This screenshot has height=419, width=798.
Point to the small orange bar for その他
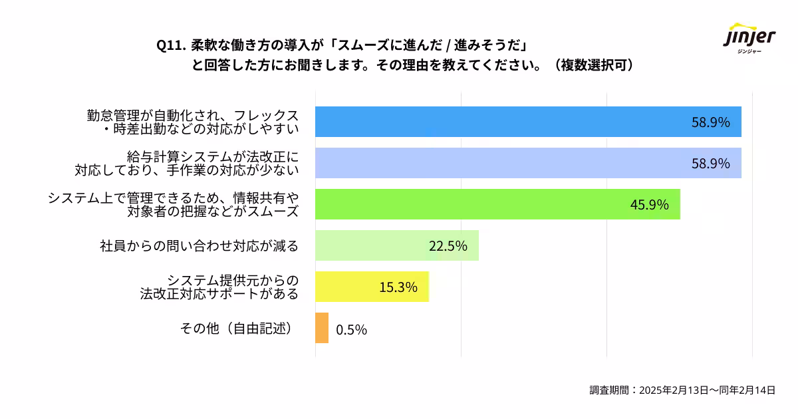(322, 328)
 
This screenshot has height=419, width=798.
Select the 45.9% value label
(649, 205)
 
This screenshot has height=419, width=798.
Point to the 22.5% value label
(448, 246)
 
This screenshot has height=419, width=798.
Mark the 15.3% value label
(398, 287)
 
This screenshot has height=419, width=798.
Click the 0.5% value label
(351, 329)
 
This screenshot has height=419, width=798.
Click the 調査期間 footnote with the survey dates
(682, 390)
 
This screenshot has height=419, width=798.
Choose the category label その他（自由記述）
(237, 329)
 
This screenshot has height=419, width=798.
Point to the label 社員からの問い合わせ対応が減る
(199, 246)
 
